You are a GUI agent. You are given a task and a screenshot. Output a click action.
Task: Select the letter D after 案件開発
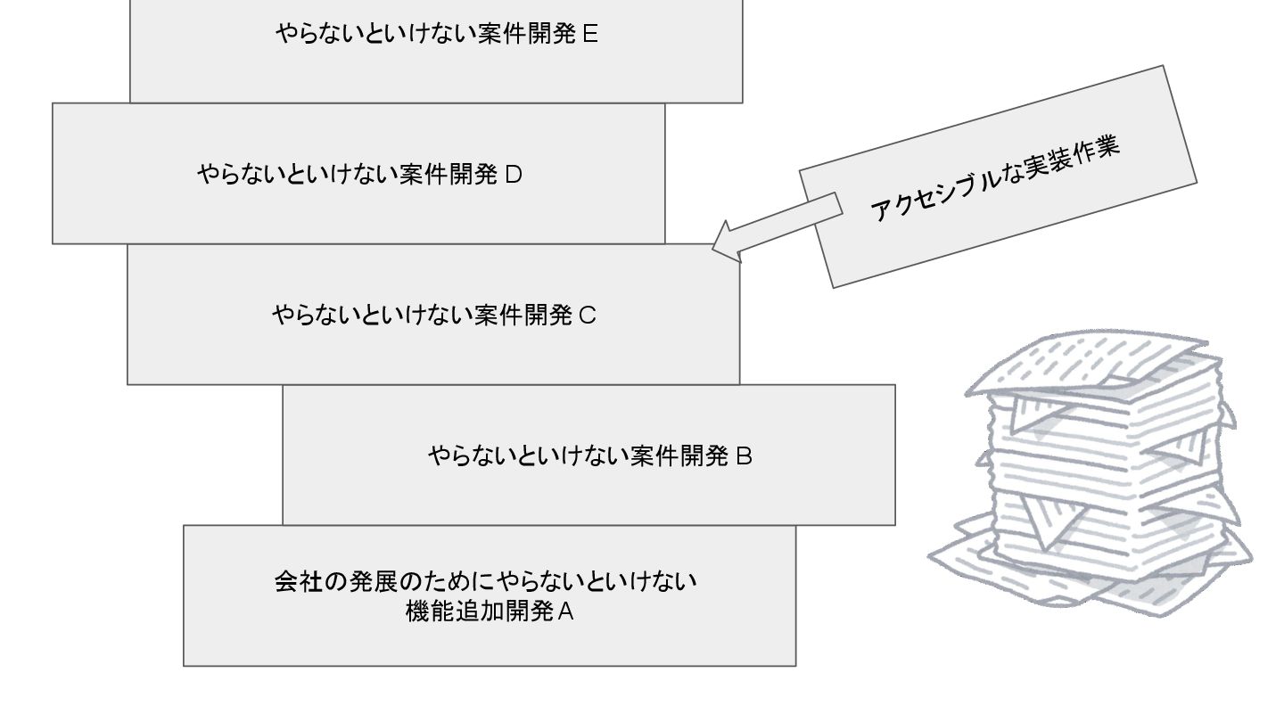[513, 175]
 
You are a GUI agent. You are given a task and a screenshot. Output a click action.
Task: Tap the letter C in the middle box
[587, 315]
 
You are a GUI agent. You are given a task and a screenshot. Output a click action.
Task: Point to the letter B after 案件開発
[744, 456]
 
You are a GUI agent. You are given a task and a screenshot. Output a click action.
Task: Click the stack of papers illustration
[1097, 472]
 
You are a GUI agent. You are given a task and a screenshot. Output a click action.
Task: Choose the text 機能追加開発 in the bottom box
[478, 612]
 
